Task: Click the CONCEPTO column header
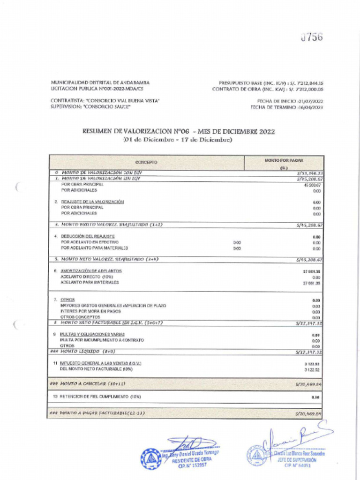146,162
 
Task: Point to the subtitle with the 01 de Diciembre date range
178,140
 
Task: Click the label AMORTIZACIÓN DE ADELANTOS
91,271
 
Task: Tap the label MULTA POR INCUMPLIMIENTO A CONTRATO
102,340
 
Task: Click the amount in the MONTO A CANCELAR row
308,384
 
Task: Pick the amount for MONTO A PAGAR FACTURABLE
308,414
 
